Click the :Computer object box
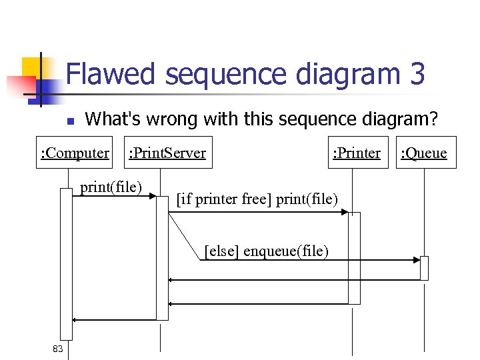tap(75, 153)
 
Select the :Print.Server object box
tap(167, 153)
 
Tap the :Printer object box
tap(357, 153)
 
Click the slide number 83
tap(58, 349)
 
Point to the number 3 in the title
tap(417, 74)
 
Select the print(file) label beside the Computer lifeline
tap(111, 187)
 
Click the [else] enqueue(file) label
tap(266, 251)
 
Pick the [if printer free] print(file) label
tap(257, 199)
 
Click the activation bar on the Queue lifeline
tap(424, 268)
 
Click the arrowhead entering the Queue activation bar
tap(417, 259)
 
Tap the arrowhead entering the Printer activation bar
tap(345, 212)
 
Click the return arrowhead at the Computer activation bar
tap(75, 320)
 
